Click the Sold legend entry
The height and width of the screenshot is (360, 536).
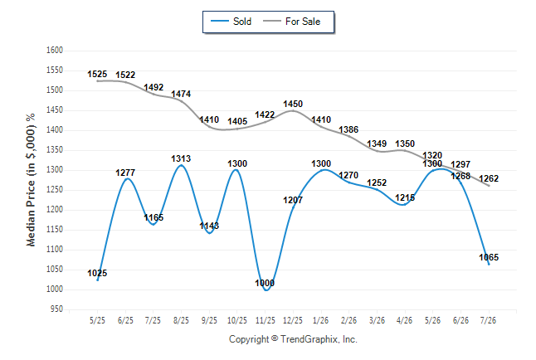click(x=231, y=22)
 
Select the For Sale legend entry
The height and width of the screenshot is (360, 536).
click(x=291, y=22)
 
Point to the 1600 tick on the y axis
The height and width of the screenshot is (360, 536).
click(x=55, y=51)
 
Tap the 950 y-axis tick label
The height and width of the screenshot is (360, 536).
click(x=56, y=309)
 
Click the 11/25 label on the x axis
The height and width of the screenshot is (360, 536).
click(x=266, y=320)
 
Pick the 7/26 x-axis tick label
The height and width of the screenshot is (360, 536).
click(x=488, y=320)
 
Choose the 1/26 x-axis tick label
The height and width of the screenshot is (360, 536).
click(x=320, y=320)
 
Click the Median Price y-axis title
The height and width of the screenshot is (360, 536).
click(x=31, y=180)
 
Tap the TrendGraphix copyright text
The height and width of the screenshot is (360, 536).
click(x=293, y=339)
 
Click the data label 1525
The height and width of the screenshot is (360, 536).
click(x=97, y=74)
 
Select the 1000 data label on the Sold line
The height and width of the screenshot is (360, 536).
click(x=265, y=283)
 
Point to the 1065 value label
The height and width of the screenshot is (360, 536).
click(x=489, y=257)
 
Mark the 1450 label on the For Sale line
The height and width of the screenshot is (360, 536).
click(x=293, y=104)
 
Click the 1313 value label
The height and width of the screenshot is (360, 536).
click(x=181, y=158)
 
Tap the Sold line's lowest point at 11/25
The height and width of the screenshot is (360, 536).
click(x=266, y=290)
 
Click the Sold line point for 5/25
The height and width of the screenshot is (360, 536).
click(x=98, y=280)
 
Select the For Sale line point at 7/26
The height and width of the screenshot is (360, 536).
click(x=489, y=186)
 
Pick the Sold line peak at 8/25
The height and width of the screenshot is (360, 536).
click(x=181, y=165)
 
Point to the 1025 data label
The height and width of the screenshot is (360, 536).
click(x=97, y=273)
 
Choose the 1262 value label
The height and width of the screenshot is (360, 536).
click(x=489, y=178)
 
